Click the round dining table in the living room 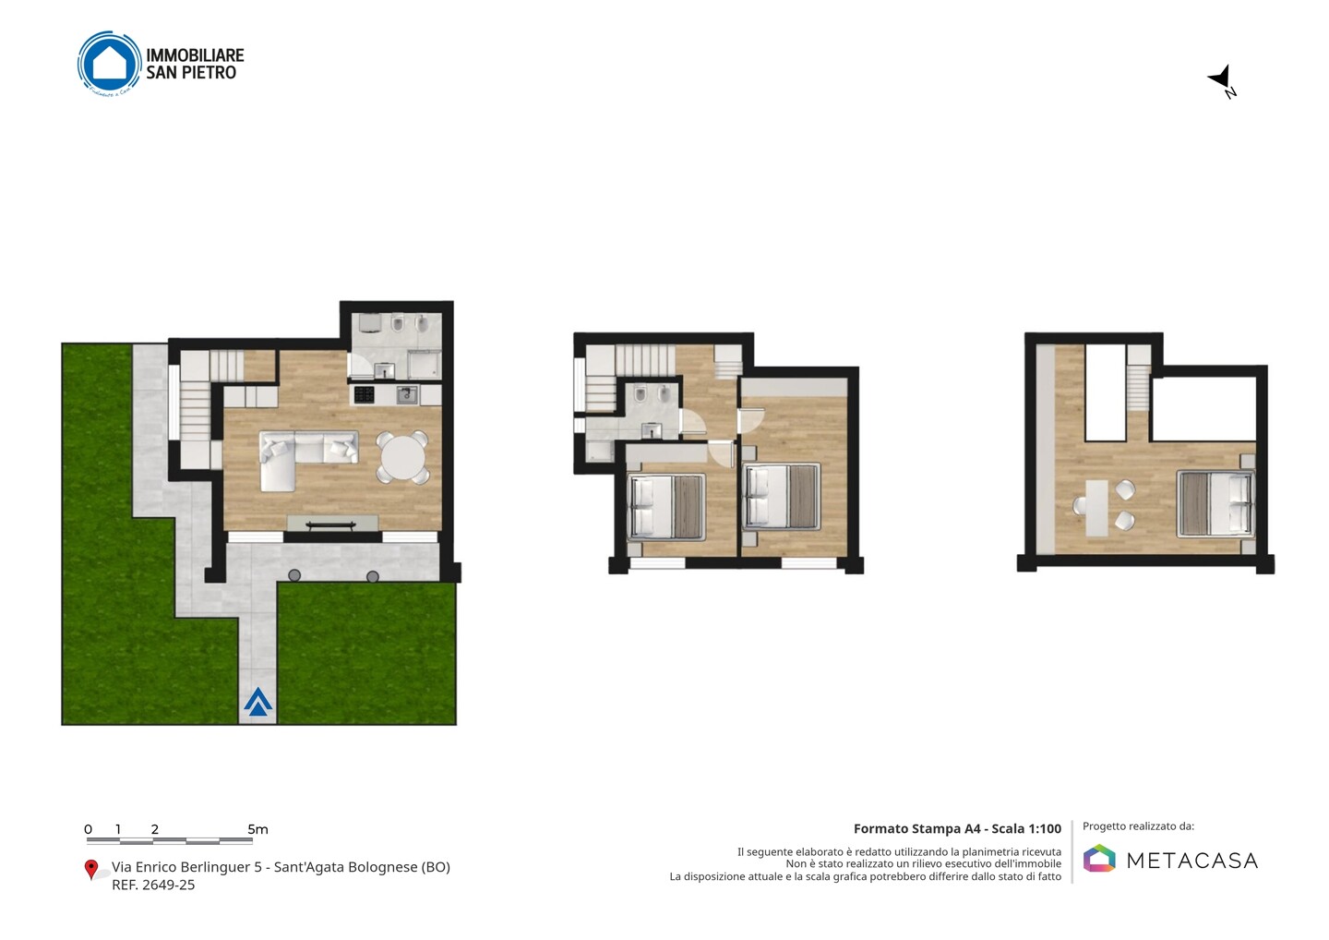pyautogui.click(x=402, y=457)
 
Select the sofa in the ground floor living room pyautogui.click(x=296, y=454)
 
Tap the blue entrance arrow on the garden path pyautogui.click(x=258, y=702)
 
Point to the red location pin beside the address pyautogui.click(x=90, y=870)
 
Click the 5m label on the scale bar pyautogui.click(x=258, y=829)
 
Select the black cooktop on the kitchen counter pyautogui.click(x=365, y=394)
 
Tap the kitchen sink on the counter pyautogui.click(x=407, y=394)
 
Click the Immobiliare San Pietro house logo pyautogui.click(x=109, y=64)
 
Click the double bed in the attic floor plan pyautogui.click(x=1215, y=503)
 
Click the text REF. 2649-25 pyautogui.click(x=153, y=885)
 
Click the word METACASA pyautogui.click(x=1192, y=861)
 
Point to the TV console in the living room pyautogui.click(x=332, y=524)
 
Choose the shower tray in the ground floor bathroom pyautogui.click(x=424, y=364)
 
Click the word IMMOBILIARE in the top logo pyautogui.click(x=196, y=55)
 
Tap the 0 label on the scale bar pyautogui.click(x=89, y=829)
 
